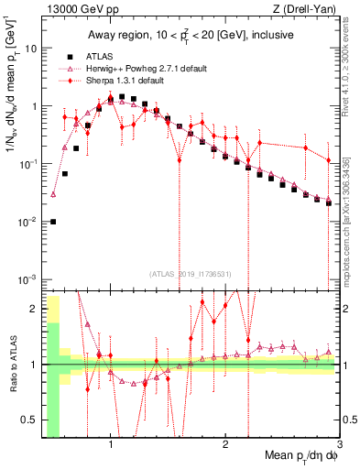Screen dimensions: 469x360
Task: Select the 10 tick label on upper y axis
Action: tap(30, 48)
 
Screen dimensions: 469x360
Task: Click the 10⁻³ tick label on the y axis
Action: tap(27, 279)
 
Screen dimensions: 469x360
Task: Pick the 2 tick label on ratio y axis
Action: tap(34, 308)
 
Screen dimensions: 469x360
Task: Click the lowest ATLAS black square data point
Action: tap(53, 222)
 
